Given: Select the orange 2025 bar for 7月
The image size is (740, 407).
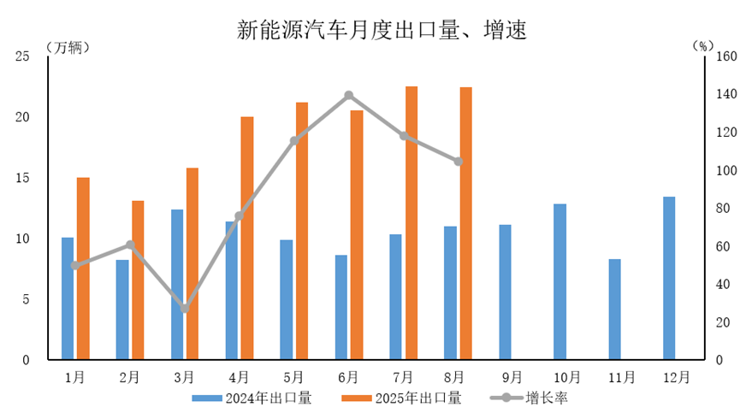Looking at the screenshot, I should point(411,222).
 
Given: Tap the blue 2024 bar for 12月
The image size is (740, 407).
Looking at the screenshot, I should point(669,278).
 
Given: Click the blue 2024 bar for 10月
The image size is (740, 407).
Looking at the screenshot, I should point(559,281).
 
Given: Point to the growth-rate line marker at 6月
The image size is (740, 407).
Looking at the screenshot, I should point(349,95).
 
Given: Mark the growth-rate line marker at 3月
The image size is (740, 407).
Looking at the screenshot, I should point(185,309).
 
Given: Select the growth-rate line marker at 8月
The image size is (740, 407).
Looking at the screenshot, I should point(459,161).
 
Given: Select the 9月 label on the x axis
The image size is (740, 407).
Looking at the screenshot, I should point(512,376).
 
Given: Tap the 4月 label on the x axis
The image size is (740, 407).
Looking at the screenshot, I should point(239,376).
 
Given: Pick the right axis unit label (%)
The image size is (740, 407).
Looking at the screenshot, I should point(702,46).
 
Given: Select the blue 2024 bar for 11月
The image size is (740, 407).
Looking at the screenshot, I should point(614,309).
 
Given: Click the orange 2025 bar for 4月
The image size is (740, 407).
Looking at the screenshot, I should point(246,238).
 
